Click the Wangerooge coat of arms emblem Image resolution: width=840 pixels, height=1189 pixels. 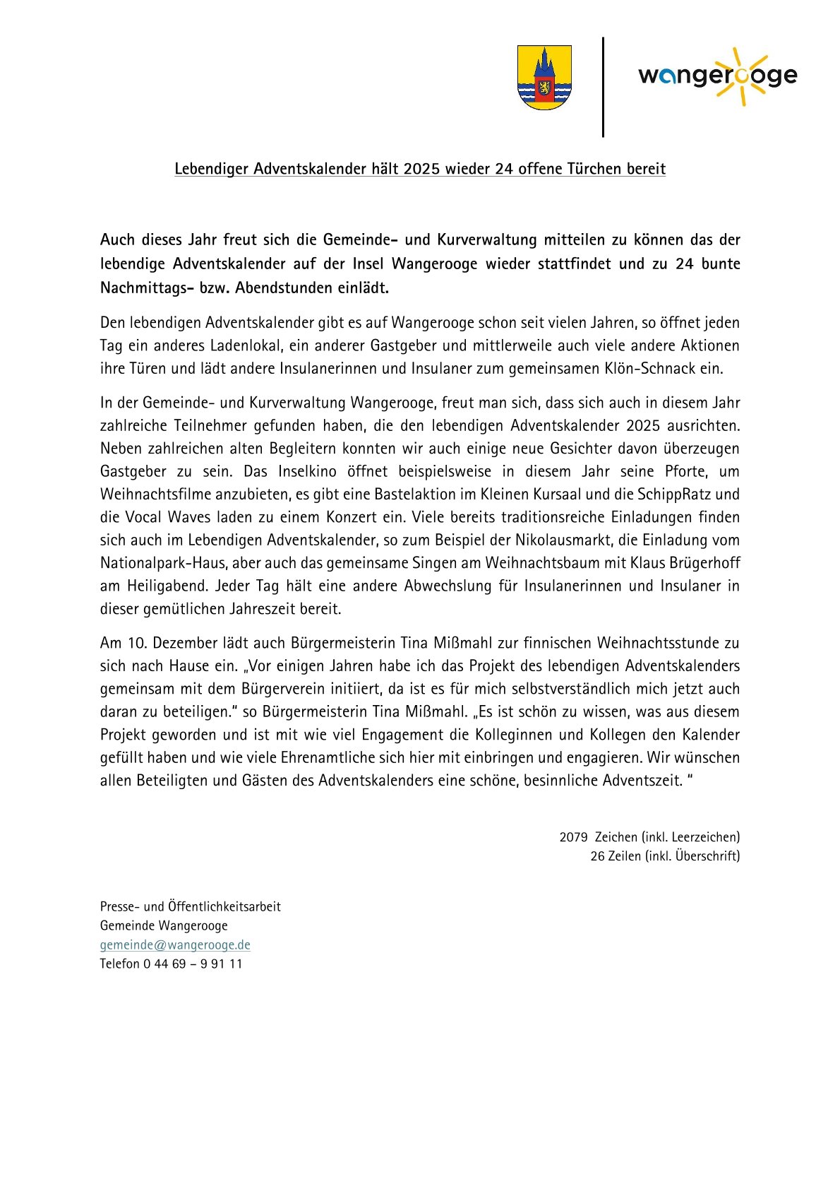pyautogui.click(x=544, y=78)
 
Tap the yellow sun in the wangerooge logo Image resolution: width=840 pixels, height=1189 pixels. pyautogui.click(x=738, y=76)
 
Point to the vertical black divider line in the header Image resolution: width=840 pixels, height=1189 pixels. pyautogui.click(x=603, y=87)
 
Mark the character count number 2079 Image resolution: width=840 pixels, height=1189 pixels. pyautogui.click(x=573, y=837)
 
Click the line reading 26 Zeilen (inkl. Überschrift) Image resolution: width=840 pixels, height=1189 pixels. pyautogui.click(x=665, y=856)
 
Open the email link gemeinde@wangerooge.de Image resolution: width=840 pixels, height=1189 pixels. pyautogui.click(x=175, y=945)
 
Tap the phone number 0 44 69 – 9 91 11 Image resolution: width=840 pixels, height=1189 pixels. pyautogui.click(x=193, y=964)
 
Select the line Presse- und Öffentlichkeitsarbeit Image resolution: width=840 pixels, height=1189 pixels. pyautogui.click(x=191, y=906)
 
